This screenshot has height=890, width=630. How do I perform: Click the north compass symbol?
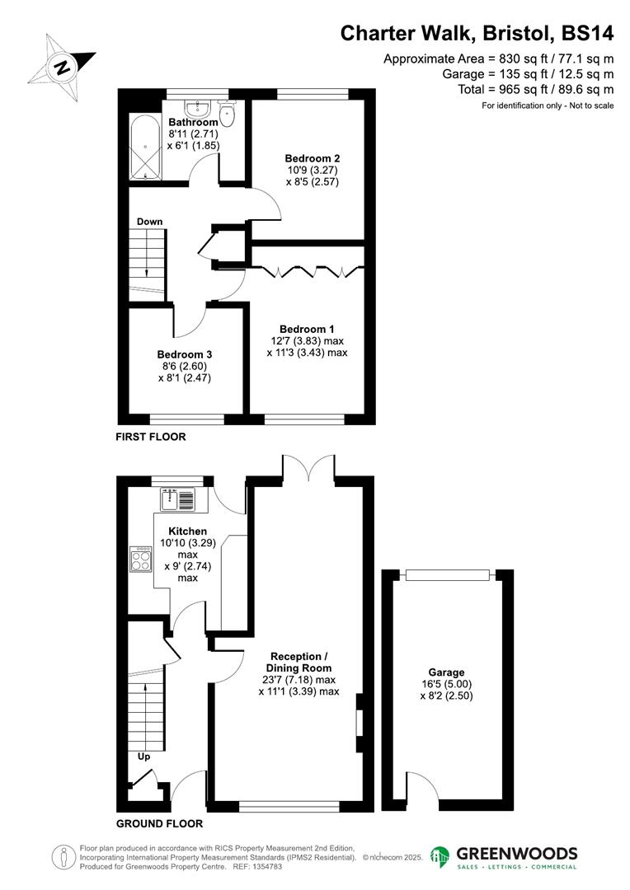[x=62, y=68]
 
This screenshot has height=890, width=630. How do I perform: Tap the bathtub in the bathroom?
[x=146, y=147]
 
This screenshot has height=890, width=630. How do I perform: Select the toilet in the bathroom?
[x=228, y=113]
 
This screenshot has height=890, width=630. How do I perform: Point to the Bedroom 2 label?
[x=313, y=158]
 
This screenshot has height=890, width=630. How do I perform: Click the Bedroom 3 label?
[x=185, y=354]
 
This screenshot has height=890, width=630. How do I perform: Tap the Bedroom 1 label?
[x=307, y=329]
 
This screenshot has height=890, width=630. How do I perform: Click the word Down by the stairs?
[x=150, y=222]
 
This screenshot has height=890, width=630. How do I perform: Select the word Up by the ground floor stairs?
[x=143, y=756]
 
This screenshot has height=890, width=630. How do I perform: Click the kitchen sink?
[x=178, y=499]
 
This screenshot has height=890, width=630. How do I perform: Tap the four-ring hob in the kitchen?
[x=141, y=560]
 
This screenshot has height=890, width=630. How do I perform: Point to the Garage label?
[x=446, y=672]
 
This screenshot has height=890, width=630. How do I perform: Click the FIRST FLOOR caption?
[x=151, y=437]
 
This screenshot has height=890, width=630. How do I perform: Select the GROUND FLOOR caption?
[x=160, y=823]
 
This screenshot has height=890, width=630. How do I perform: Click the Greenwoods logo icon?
[x=440, y=857]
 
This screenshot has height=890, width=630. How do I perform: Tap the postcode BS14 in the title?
[x=587, y=34]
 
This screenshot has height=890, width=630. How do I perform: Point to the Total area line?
[x=536, y=89]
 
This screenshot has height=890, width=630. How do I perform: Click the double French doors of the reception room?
[x=308, y=469]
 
